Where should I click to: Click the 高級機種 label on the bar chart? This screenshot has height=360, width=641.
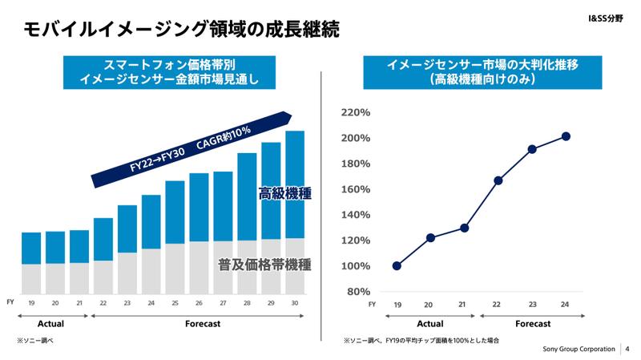click(284, 193)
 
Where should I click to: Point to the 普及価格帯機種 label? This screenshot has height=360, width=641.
click(264, 265)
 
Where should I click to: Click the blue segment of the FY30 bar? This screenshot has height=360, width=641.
click(295, 184)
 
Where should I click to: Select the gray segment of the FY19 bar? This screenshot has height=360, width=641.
click(31, 278)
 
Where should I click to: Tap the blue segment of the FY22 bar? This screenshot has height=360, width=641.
click(103, 239)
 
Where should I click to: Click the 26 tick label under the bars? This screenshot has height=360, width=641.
click(199, 304)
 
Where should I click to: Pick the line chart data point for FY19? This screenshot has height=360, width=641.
click(397, 265)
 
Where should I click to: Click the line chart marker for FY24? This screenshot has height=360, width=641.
click(566, 136)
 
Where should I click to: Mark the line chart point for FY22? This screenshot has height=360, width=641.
click(498, 180)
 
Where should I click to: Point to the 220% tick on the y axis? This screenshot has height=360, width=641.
click(355, 113)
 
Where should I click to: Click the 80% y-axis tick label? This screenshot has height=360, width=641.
click(357, 291)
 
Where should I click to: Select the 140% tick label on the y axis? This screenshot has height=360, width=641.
click(355, 215)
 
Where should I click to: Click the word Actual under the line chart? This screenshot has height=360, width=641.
click(430, 323)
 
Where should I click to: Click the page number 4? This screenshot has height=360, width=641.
click(627, 350)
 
